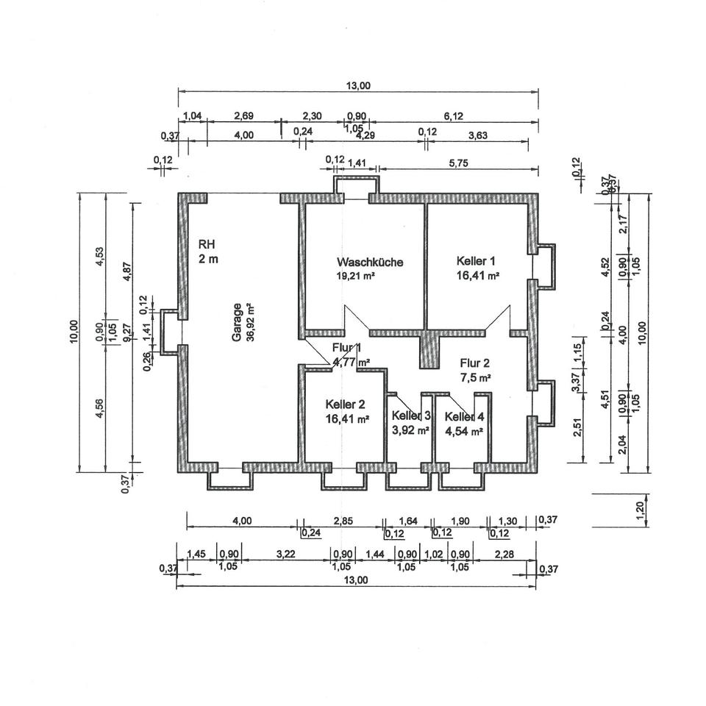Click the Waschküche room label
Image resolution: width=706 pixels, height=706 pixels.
tap(370, 262)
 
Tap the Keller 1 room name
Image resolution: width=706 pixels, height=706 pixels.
tap(477, 261)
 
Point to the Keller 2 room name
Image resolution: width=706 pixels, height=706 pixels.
tap(345, 404)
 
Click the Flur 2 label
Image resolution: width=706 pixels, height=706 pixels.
tap(474, 363)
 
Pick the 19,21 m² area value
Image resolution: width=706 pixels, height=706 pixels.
tap(357, 277)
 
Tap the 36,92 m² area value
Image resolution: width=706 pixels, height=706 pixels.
tap(250, 323)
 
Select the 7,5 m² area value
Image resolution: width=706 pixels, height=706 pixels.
tap(475, 377)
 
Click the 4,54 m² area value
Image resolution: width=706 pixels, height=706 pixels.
tap(463, 432)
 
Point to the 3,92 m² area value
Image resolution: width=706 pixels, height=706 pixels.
tap(410, 432)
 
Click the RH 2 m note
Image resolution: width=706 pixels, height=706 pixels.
tap(208, 251)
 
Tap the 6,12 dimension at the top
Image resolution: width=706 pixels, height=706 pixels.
tap(452, 115)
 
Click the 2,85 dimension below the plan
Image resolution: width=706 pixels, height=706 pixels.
tap(343, 521)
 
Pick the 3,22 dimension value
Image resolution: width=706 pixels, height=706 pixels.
tap(286, 554)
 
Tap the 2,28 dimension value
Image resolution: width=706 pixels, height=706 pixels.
tap(504, 554)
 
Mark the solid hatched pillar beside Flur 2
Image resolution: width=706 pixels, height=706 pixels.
tap(429, 349)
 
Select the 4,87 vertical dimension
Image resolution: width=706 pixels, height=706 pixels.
tap(127, 271)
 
